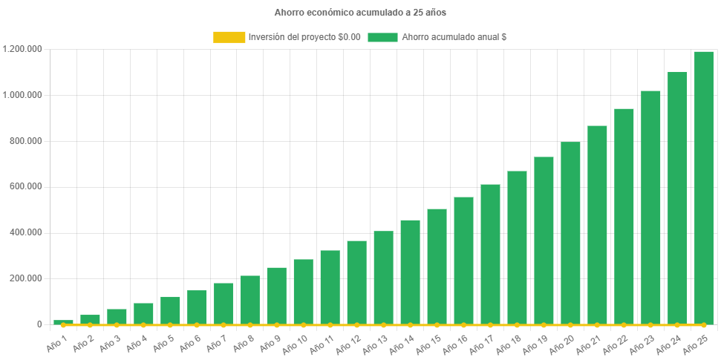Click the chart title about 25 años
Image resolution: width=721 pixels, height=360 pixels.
tap(360, 13)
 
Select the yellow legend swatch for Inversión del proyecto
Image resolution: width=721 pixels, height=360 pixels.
tap(229, 36)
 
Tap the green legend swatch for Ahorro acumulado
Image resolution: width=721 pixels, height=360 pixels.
tap(382, 36)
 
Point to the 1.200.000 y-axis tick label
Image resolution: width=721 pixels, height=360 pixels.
tap(22, 49)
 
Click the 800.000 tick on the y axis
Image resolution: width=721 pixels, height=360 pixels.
tap(27, 141)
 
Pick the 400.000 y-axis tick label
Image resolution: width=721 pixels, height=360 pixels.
tap(27, 232)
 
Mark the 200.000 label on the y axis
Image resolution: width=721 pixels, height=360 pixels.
tap(27, 278)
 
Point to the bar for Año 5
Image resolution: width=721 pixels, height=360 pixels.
tap(170, 310)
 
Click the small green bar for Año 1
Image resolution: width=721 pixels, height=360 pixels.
tap(63, 321)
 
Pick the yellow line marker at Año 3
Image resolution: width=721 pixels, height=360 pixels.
tap(117, 325)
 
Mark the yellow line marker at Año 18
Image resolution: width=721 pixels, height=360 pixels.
tap(517, 325)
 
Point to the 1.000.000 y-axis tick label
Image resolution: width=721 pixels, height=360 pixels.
tap(22, 95)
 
